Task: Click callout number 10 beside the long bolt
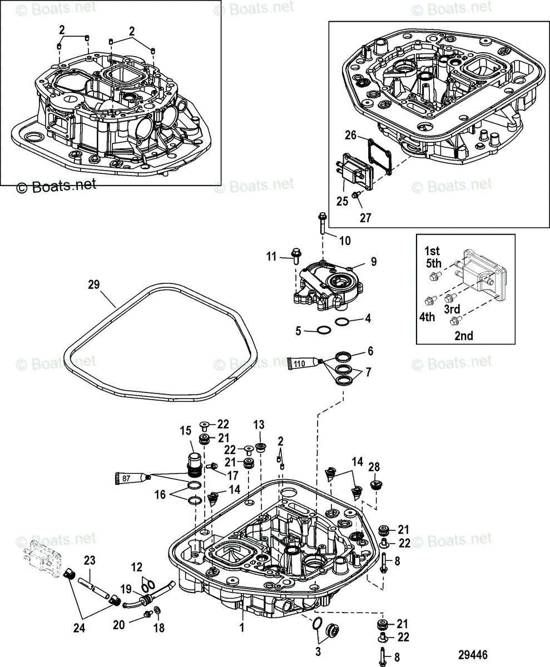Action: [x=345, y=240]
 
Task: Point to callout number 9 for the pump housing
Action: [x=374, y=260]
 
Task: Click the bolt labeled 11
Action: [x=295, y=256]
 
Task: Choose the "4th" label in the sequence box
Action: [x=427, y=317]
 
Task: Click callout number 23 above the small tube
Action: [x=90, y=560]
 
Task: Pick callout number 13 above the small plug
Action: [x=259, y=424]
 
